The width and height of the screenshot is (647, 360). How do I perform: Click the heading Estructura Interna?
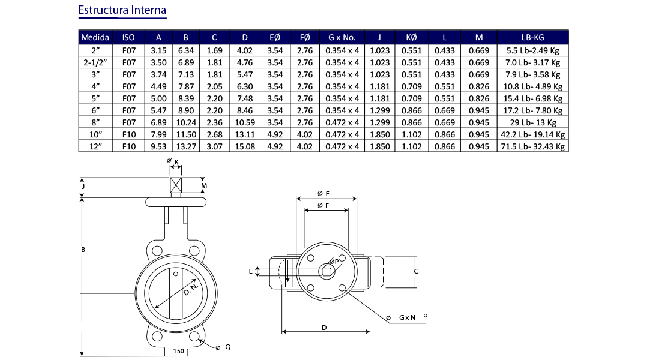(122, 11)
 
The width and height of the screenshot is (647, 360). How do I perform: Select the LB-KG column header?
(532, 37)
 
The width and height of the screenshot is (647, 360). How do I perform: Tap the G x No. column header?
(342, 37)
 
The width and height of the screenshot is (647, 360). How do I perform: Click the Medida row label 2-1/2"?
(95, 62)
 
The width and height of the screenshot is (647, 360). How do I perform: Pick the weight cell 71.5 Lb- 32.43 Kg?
(532, 146)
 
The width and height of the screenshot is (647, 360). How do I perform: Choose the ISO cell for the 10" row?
(128, 134)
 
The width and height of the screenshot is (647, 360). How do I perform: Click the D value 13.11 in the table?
(245, 134)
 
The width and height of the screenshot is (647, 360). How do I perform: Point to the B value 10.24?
(186, 122)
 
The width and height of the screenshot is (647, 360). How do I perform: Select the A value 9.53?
(158, 146)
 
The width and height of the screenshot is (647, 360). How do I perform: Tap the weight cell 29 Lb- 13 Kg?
(532, 122)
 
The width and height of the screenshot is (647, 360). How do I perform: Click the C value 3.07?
(214, 146)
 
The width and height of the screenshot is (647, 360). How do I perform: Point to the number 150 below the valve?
(178, 351)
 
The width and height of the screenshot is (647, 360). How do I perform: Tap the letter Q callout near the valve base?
(228, 347)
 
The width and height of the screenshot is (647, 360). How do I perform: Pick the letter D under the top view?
(324, 328)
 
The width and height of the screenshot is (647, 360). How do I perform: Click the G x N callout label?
(408, 317)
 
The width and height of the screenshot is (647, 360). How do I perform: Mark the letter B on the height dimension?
(82, 249)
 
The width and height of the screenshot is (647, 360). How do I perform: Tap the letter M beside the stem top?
(204, 186)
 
